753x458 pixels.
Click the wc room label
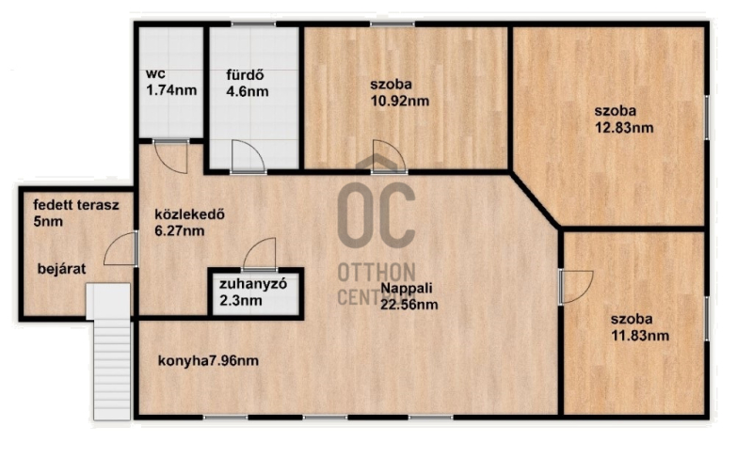pos(155,74)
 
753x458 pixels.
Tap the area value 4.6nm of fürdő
pos(248,91)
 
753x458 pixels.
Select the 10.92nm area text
pos(399,101)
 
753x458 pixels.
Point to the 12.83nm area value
pos(624,128)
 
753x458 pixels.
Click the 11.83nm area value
pos(640,335)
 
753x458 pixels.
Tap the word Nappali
pos(407,288)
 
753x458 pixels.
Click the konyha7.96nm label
pos(208,360)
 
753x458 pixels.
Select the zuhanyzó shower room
pos(256,293)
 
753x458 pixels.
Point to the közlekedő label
pos(190,213)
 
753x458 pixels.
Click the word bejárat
pos(61,269)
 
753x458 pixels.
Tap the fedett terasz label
pos(76,205)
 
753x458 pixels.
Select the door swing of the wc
pos(170,157)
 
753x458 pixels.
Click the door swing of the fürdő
pos(248,156)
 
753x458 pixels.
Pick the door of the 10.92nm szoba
pos(390,156)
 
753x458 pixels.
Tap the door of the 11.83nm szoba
pos(576,286)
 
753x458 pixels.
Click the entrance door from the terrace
pos(121,248)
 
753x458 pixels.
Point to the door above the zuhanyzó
pos(260,254)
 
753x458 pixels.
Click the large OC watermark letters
pos(376,214)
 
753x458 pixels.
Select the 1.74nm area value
pos(171,90)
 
